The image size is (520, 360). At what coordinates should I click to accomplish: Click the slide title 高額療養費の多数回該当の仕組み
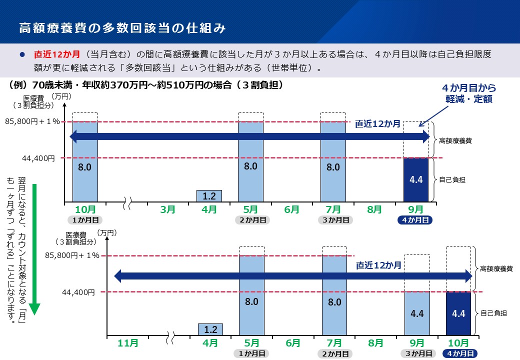point(122,28)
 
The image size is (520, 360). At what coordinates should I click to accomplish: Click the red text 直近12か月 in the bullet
point(56,54)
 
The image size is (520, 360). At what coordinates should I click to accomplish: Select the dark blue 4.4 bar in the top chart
point(416,179)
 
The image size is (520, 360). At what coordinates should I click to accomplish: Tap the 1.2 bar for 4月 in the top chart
point(209,196)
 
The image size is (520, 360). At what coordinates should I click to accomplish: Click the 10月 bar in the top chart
point(85,162)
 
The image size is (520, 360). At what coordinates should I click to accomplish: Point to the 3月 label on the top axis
point(167,210)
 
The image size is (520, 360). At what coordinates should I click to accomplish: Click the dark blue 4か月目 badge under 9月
point(415,220)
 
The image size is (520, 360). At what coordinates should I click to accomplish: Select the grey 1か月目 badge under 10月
point(85,220)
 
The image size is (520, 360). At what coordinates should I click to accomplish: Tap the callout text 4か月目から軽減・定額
point(469,93)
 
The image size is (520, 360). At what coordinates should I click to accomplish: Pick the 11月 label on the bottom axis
point(127,343)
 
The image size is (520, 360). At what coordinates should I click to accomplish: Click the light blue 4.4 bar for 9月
point(417,313)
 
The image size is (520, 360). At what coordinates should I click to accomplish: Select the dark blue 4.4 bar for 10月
point(458,313)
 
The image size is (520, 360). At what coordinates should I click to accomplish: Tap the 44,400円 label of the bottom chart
point(78,292)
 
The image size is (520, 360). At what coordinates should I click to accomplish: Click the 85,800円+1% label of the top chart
point(32,121)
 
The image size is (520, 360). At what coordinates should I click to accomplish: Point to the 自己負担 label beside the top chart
point(452,180)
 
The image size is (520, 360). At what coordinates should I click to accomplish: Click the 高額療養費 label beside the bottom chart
point(496,269)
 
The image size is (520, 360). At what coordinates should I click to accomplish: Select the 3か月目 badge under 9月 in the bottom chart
point(418,353)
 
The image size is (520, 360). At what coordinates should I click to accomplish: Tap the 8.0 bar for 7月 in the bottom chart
point(334,295)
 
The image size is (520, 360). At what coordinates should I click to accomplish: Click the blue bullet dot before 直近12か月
point(22,54)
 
